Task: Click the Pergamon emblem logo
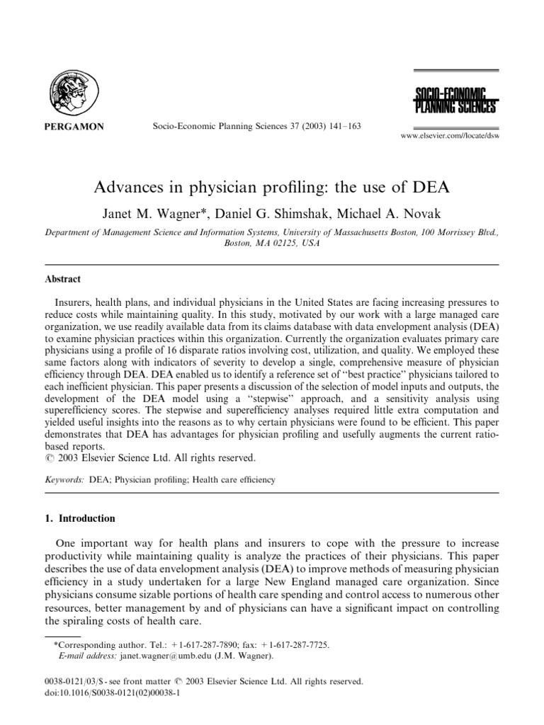[x=74, y=92]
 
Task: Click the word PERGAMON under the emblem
[x=74, y=127]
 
